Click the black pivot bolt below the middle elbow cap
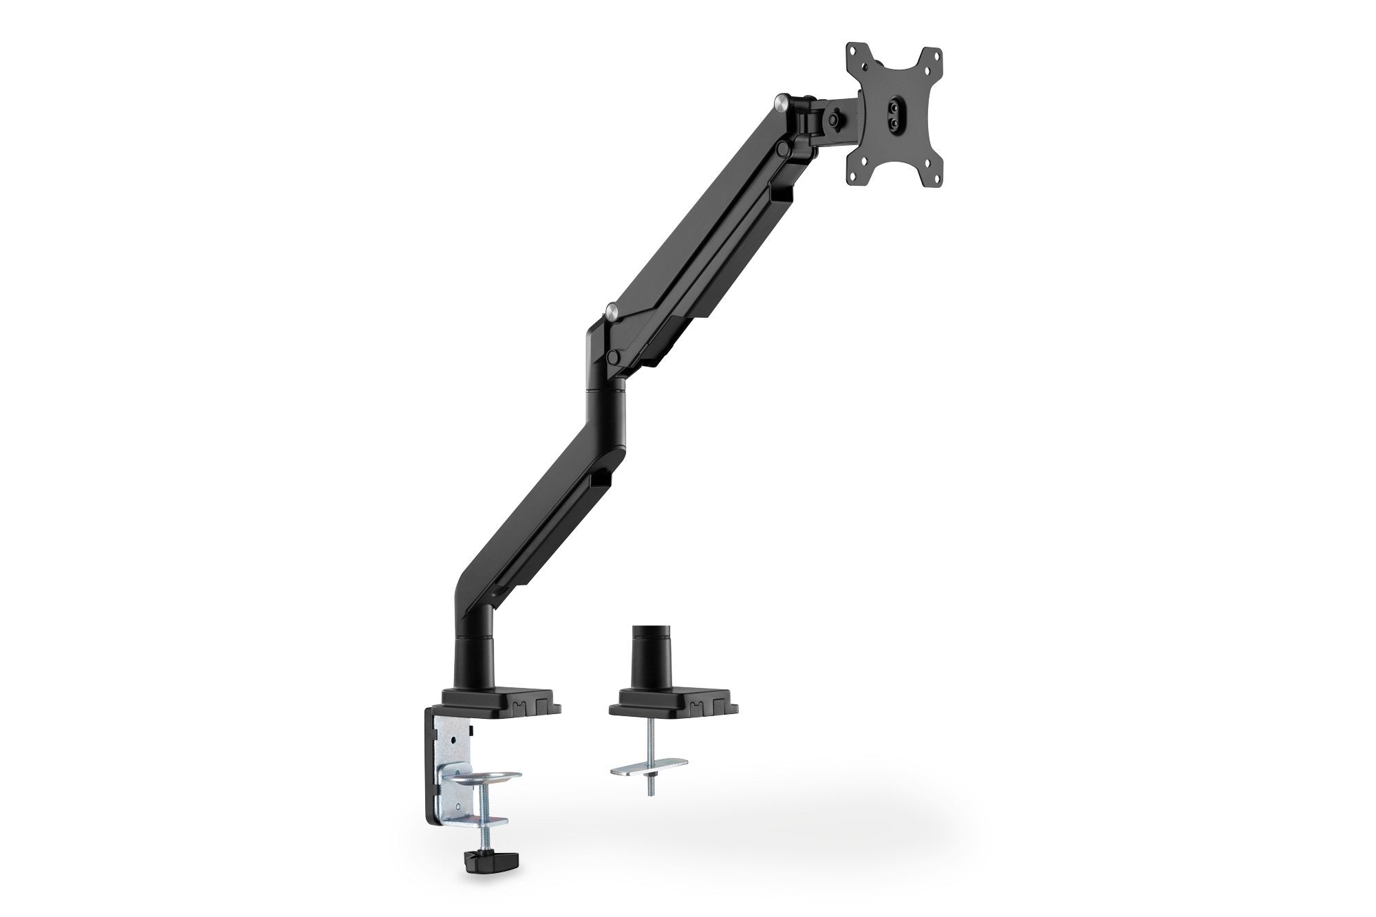612,356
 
